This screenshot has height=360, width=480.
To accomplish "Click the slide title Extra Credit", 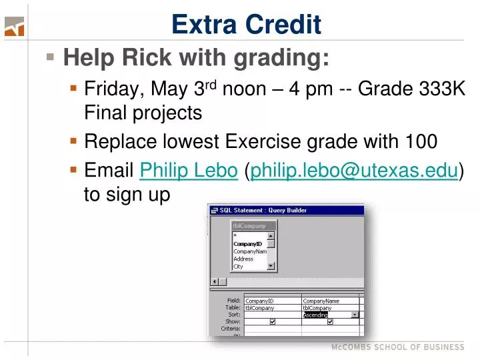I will (246, 25).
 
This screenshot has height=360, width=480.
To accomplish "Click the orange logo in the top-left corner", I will (14, 27).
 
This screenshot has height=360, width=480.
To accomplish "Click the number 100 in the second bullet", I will (421, 141).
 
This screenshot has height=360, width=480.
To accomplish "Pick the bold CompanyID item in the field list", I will (247, 243).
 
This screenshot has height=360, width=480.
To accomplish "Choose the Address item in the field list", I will (243, 259).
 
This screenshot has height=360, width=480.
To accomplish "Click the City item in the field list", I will (239, 266).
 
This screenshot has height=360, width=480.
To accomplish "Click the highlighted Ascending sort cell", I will (315, 315).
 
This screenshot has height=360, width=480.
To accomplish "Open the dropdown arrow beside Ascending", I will (355, 315).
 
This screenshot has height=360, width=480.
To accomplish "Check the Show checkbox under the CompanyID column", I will (273, 321).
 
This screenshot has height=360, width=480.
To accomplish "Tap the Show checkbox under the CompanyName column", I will (330, 321).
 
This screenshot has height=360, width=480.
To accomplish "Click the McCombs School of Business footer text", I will (398, 347).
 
